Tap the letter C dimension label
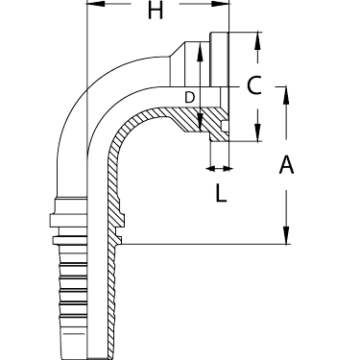pos(252,85)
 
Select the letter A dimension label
pos(286,166)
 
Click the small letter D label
pos(190,97)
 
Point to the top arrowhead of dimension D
pos(199,49)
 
